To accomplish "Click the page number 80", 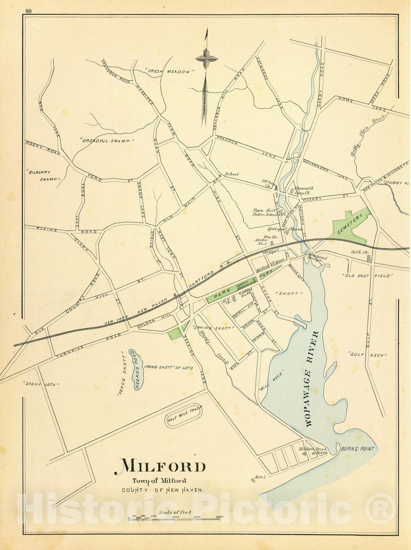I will (x=28, y=11).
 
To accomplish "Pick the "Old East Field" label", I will (x=367, y=276).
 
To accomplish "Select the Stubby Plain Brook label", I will (x=367, y=136).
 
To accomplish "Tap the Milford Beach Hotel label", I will (x=313, y=451).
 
